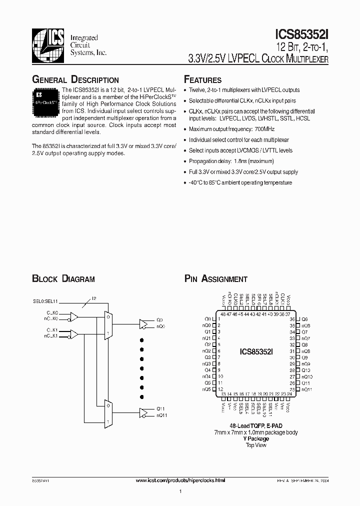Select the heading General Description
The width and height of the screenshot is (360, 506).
pos(75,80)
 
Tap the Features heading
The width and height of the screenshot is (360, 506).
pos(202,80)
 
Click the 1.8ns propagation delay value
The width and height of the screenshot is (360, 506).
pos(240,161)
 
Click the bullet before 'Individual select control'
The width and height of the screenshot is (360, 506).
pos(185,140)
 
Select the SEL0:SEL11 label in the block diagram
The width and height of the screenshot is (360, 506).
pos(45,301)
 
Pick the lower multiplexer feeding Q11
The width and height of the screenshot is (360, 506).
pos(107,413)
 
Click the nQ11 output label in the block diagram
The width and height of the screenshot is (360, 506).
pos(161,415)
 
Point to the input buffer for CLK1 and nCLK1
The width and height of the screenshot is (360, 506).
pos(74,333)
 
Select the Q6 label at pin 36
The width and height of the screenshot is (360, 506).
pos(304,319)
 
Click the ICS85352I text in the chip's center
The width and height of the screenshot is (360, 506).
pos(256,352)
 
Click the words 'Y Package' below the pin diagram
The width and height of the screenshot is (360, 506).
pos(256,438)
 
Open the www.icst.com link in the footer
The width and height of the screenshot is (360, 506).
pos(180,479)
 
